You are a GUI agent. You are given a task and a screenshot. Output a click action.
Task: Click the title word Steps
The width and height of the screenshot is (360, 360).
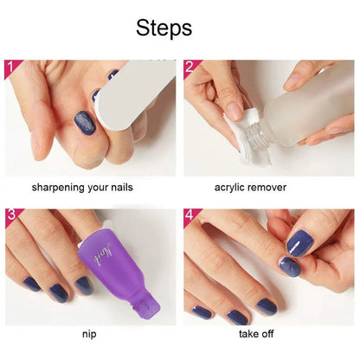(164, 28)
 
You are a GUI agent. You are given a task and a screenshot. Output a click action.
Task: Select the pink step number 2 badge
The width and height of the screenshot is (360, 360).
(191, 67)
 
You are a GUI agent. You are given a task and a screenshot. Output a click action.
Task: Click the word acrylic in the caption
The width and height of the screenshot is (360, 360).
(231, 186)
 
